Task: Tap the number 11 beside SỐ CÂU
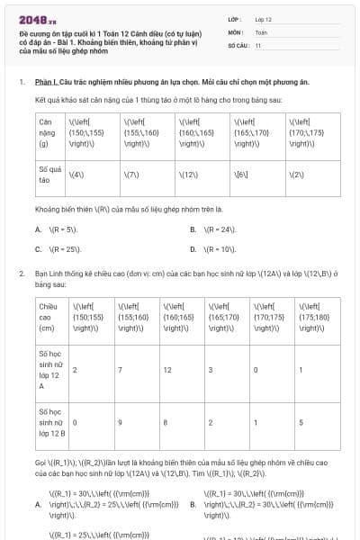tap(257, 44)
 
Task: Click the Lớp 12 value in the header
tap(263, 18)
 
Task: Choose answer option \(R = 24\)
tap(220, 229)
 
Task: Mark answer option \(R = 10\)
tap(220, 248)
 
